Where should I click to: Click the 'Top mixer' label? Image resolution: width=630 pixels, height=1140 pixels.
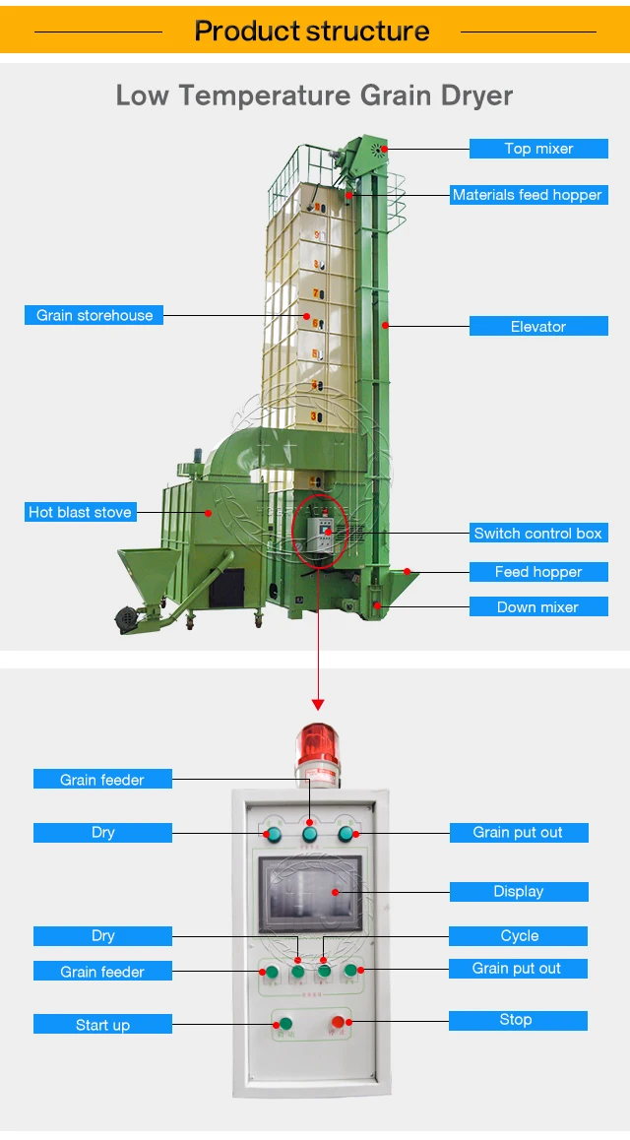click(x=538, y=149)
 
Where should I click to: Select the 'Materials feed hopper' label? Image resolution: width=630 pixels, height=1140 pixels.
click(x=527, y=195)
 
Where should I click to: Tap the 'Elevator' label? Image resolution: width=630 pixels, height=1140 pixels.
click(x=538, y=326)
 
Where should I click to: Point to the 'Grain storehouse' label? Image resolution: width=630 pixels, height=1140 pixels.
click(x=94, y=315)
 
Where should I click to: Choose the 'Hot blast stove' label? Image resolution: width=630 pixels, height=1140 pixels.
click(x=80, y=512)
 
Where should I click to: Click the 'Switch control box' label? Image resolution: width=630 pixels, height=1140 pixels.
click(x=537, y=533)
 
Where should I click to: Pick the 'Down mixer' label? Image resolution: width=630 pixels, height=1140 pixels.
click(x=537, y=606)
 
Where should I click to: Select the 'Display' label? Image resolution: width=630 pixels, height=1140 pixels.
click(x=519, y=891)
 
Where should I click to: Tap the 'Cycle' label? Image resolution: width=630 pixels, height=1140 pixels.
click(x=519, y=935)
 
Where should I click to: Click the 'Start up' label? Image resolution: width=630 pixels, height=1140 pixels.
click(x=102, y=1025)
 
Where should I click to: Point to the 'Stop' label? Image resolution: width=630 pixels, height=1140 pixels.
click(x=516, y=1020)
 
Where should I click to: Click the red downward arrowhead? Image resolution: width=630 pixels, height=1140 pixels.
click(x=317, y=704)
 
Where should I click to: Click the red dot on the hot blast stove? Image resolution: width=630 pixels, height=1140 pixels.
click(x=208, y=512)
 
